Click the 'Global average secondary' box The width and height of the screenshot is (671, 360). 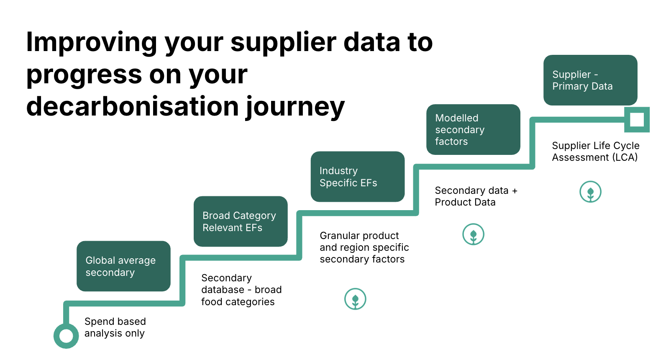coord(123,266)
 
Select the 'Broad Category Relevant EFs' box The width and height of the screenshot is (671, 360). coord(241,221)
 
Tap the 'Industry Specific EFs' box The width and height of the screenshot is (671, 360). coord(358,177)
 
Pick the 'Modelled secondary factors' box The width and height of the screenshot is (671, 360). coord(473,129)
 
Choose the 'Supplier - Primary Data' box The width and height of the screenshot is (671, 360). coord(590,80)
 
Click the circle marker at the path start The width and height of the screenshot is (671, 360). coord(66,336)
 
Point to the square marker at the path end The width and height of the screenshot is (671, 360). coord(637,120)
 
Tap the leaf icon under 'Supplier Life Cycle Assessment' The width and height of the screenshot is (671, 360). coord(590,192)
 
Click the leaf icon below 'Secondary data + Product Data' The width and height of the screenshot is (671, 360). coord(473,234)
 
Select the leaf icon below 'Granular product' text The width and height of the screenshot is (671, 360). coord(355,299)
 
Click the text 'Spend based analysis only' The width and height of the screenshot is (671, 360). coord(115,327)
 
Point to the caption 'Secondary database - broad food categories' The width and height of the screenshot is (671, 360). coord(241,290)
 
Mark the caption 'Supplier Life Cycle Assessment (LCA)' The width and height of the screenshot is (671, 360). coord(595,152)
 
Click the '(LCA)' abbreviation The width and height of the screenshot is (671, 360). coord(625,157)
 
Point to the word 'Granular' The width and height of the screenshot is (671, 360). coord(338,236)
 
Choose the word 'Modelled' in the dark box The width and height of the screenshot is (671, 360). coord(456,118)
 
